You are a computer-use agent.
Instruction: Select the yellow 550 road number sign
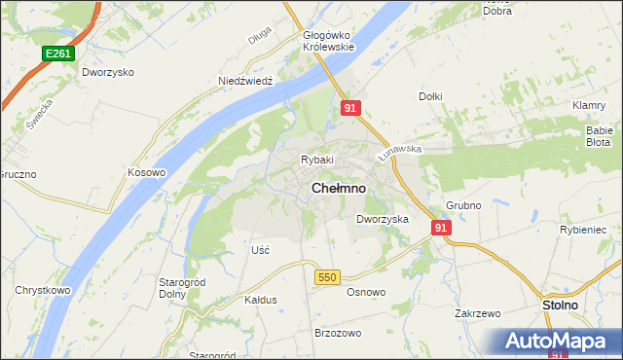click(327, 277)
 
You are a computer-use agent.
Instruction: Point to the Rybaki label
click(317, 160)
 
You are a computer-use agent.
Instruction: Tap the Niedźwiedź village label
click(250, 82)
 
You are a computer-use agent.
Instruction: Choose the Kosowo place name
click(147, 172)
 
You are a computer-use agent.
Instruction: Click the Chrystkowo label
click(41, 290)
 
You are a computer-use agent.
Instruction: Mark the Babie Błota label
click(599, 135)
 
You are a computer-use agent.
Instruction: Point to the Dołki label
click(430, 96)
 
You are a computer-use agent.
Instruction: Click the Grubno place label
click(463, 205)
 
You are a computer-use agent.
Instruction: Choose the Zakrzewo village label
click(477, 313)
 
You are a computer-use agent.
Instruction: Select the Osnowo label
click(366, 291)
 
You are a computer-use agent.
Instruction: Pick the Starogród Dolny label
click(179, 288)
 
